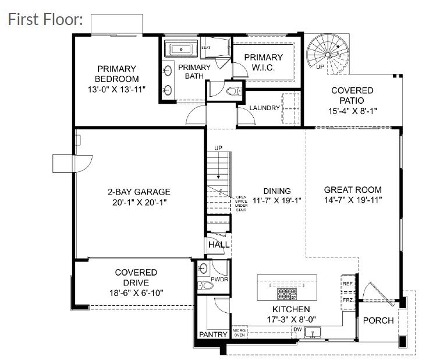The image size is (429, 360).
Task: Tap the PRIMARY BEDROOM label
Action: coord(116,74)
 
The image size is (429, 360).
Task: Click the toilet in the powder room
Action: coord(204,286)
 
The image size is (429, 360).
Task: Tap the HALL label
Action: coord(219,245)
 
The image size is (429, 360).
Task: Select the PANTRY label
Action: coord(212,335)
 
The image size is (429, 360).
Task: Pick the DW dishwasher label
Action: coord(297,329)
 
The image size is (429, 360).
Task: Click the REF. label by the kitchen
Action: coord(348,284)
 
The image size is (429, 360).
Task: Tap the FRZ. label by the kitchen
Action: coord(348,299)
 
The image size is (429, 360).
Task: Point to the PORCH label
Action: coord(378,320)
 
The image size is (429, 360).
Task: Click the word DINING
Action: coord(276,190)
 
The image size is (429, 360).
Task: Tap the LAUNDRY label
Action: coord(265,108)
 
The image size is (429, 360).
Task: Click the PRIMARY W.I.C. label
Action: coord(263,62)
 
